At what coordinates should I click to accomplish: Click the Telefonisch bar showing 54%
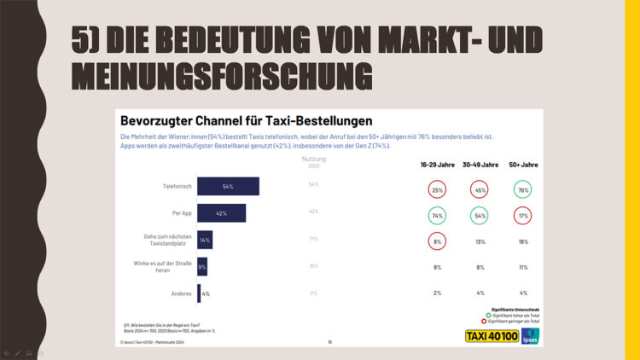[228, 186]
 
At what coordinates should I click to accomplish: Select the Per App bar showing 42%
[221, 212]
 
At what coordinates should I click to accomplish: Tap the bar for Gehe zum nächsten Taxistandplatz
[205, 241]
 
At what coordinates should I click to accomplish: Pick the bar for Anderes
[199, 293]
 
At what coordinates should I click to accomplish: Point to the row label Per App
[180, 212]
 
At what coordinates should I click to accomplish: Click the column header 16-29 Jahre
[437, 165]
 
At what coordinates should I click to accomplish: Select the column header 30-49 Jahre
[480, 165]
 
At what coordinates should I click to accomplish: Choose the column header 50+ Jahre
[523, 165]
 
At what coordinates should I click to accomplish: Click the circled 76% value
[523, 189]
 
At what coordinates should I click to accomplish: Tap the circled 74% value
[437, 216]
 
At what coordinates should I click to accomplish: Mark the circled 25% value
[437, 189]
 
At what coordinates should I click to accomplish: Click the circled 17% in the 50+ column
[523, 216]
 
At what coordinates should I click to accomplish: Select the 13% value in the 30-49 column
[480, 241]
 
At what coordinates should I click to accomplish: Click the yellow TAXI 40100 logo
[490, 335]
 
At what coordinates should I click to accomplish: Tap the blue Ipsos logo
[529, 335]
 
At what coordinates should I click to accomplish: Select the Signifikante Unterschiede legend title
[515, 309]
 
